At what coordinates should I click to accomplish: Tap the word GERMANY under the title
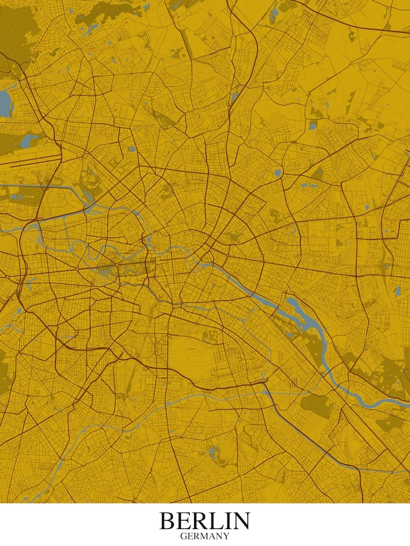point(204,536)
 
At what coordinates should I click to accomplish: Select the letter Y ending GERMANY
point(226,536)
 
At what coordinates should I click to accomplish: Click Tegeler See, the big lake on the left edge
point(5,104)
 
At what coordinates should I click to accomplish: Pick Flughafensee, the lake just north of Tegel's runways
point(30,141)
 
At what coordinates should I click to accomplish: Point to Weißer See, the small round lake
point(278,173)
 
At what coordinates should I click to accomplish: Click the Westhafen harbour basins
point(87,194)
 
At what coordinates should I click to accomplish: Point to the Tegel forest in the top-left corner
point(16,33)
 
